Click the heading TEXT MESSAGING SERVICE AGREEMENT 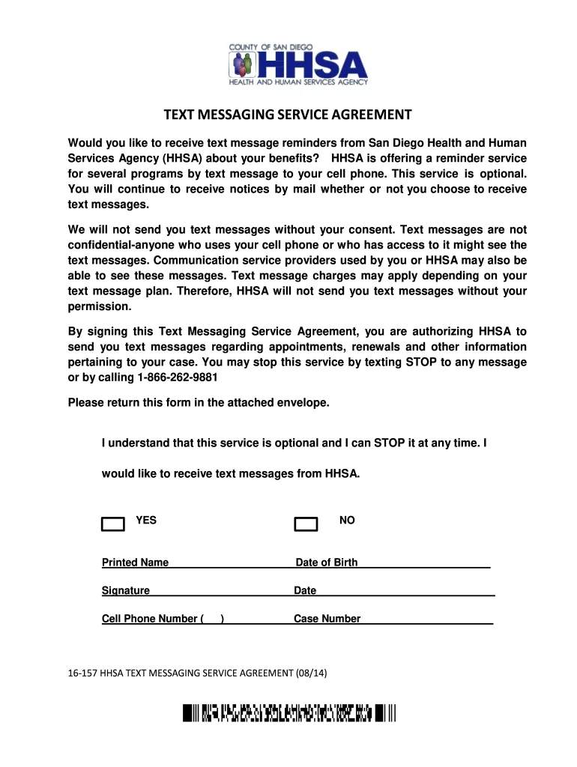pyautogui.click(x=288, y=115)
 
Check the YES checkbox pyautogui.click(x=112, y=524)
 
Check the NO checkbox pyautogui.click(x=306, y=524)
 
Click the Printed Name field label pyautogui.click(x=135, y=563)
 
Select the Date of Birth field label pyautogui.click(x=327, y=563)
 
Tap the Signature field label pyautogui.click(x=126, y=590)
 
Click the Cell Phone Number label pyautogui.click(x=150, y=619)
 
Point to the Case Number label pyautogui.click(x=327, y=619)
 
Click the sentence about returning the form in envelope pyautogui.click(x=199, y=403)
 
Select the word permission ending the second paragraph pyautogui.click(x=99, y=307)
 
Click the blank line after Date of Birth pyautogui.click(x=424, y=564)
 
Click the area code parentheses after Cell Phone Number pyautogui.click(x=214, y=619)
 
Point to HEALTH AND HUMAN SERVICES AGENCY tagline pyautogui.click(x=297, y=82)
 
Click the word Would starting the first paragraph pyautogui.click(x=84, y=143)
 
